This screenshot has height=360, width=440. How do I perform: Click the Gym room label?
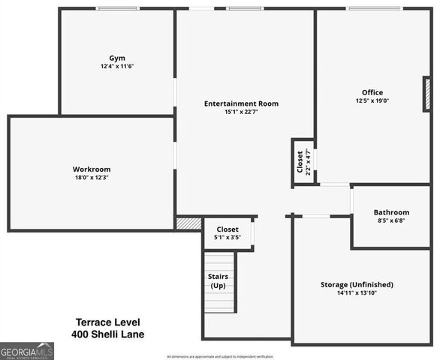tap(116, 58)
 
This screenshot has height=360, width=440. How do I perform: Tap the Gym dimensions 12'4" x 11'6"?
tap(116, 66)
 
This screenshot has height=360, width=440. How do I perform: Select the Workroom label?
tap(92, 169)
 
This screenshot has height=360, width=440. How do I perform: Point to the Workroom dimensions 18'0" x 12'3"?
tap(92, 178)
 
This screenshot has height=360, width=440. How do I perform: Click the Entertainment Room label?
tap(241, 103)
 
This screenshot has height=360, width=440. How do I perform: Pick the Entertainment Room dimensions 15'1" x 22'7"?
tap(241, 112)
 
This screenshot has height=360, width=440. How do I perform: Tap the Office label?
tap(372, 92)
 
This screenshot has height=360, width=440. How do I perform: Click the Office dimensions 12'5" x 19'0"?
tap(372, 100)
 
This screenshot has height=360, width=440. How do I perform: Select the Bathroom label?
tap(391, 212)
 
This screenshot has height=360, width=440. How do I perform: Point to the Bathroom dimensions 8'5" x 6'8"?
tap(391, 221)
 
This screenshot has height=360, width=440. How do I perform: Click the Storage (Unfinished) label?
tap(357, 284)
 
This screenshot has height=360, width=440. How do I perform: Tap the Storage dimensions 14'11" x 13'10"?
tap(357, 293)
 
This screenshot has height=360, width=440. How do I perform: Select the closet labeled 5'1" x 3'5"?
tap(228, 233)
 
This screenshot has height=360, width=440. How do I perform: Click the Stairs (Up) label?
tap(218, 281)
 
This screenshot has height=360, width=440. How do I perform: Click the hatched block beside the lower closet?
tap(189, 223)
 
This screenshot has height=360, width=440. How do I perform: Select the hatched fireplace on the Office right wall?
tap(426, 94)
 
